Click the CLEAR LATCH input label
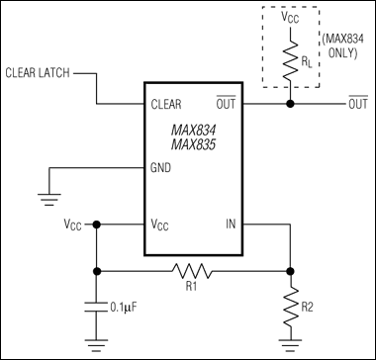point(38,72)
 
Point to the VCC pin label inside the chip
point(162,225)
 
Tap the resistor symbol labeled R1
point(193,268)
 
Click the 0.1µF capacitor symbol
point(97,307)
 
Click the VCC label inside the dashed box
point(289,19)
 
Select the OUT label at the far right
point(359,103)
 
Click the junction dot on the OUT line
point(289,103)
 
